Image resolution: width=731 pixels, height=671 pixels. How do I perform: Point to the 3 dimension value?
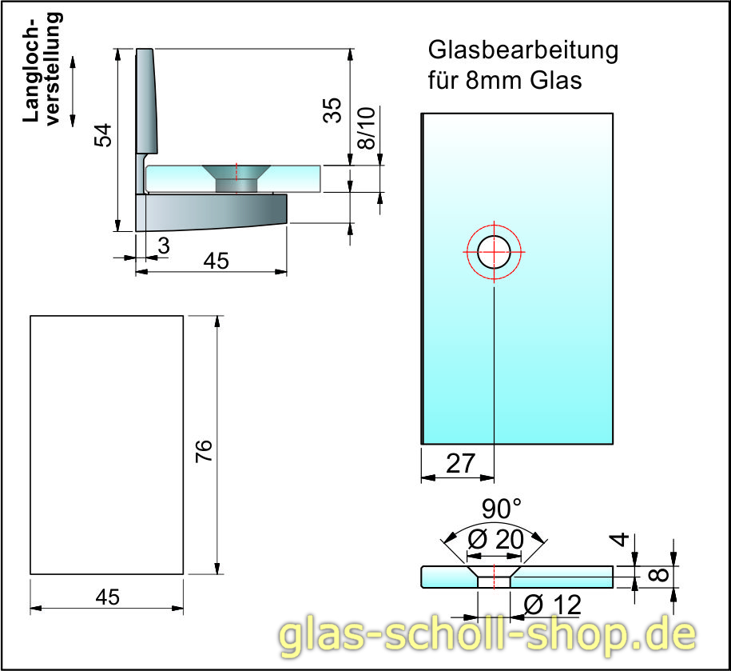[x=163, y=247]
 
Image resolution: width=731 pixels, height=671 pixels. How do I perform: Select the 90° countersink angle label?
[x=501, y=509]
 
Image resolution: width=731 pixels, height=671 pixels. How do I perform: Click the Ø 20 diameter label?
[x=495, y=541]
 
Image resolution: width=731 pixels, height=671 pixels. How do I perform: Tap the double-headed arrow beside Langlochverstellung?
[x=73, y=90]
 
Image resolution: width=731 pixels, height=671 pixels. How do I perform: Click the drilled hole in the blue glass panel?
[x=495, y=252]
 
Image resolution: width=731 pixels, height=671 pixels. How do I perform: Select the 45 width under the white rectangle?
[x=107, y=597]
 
